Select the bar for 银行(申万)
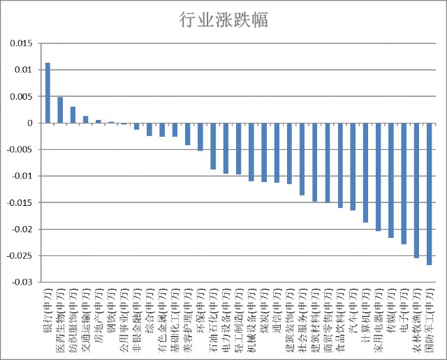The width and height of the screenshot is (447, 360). click(47, 93)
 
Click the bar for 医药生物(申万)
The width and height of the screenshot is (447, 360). click(60, 110)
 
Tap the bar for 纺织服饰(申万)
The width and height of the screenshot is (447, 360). click(73, 115)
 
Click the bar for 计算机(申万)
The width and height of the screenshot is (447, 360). click(365, 173)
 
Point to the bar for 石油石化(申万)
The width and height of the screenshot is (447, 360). click(213, 146)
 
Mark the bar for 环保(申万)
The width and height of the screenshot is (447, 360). click(200, 137)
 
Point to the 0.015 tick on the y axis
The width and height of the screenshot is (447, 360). click(22, 43)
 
